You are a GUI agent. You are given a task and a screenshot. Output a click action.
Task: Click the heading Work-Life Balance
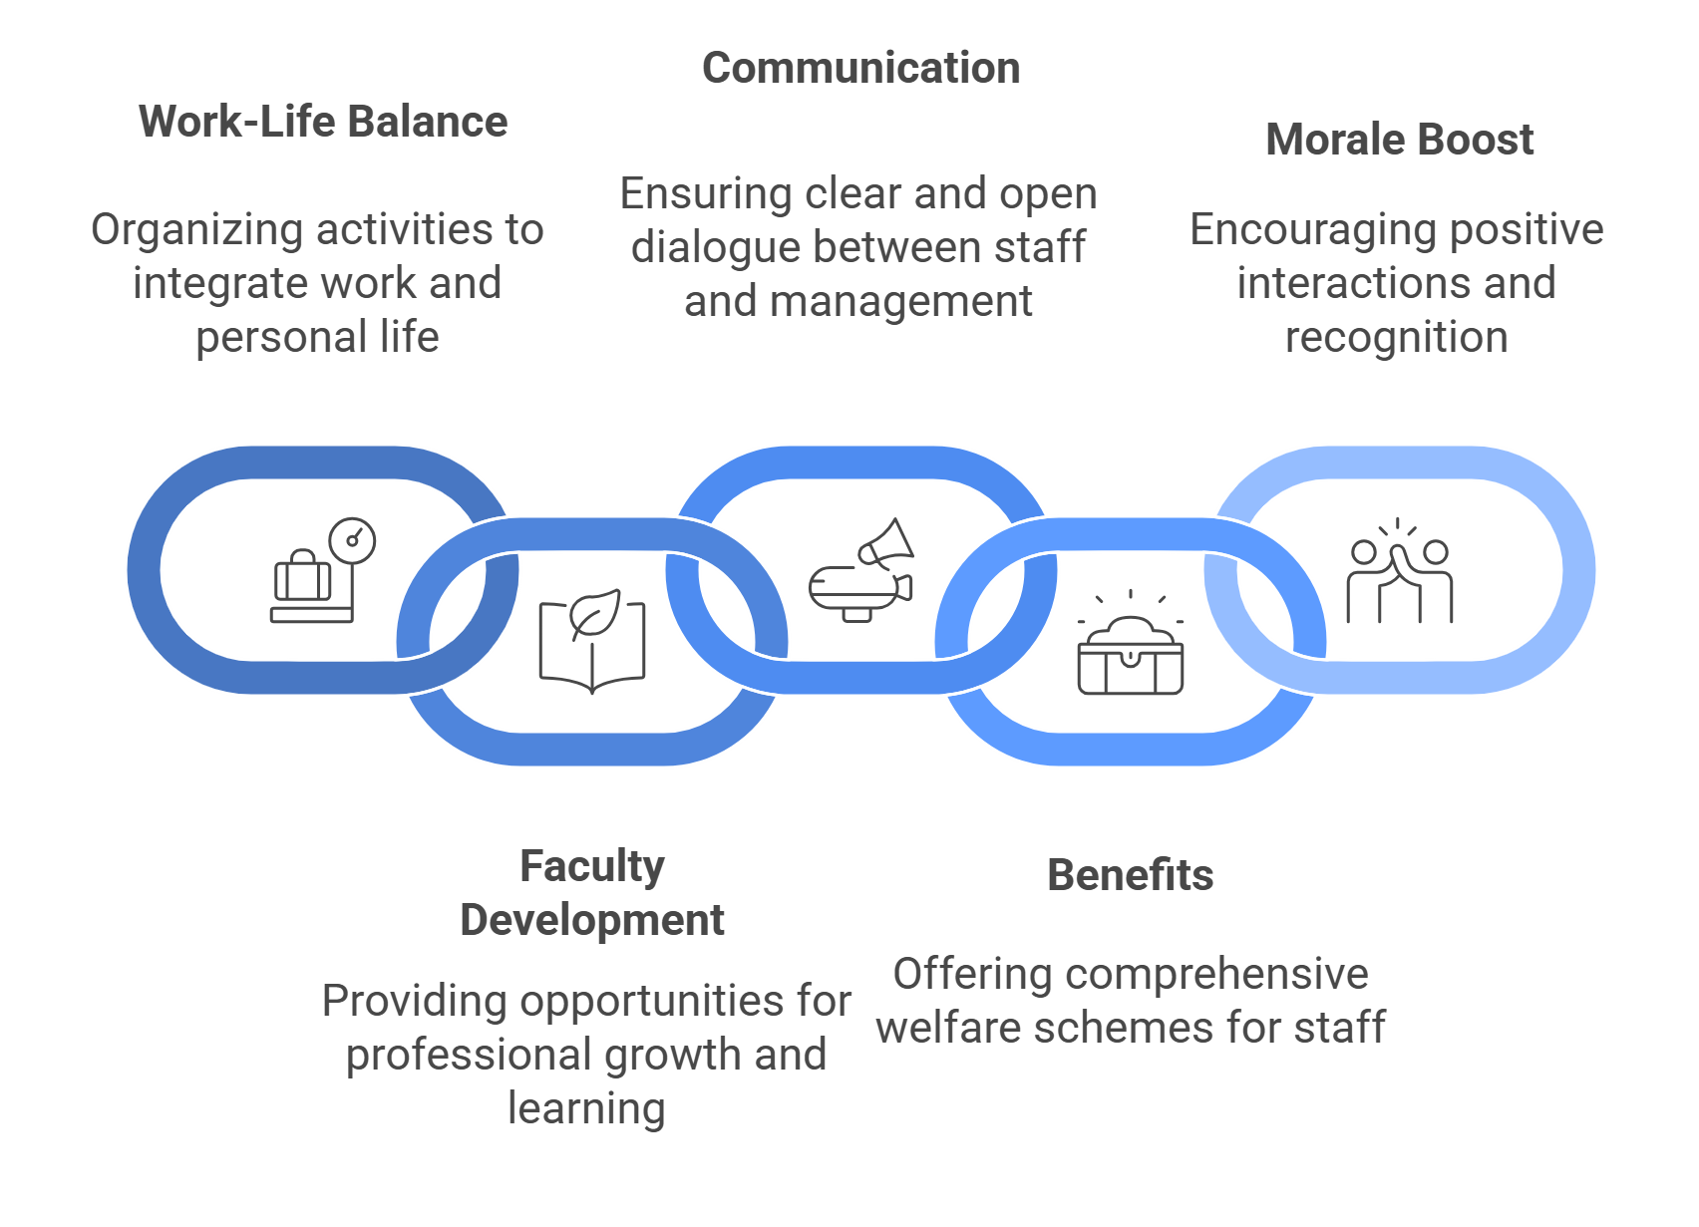coord(323,122)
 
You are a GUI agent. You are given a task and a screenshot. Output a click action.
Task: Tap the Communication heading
coord(860,69)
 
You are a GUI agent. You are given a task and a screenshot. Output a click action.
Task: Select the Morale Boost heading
coord(1399,140)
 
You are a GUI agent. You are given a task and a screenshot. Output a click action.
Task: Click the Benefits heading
coord(1130,875)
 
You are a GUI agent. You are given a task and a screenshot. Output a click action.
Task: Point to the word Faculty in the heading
coord(591,866)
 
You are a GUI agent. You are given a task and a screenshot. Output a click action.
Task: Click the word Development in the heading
coord(591,920)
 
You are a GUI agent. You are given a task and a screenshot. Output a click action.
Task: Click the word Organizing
coord(196,230)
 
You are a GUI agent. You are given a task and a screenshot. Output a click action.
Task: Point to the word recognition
coord(1396,338)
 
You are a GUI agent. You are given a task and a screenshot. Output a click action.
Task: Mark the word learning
coord(586,1108)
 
